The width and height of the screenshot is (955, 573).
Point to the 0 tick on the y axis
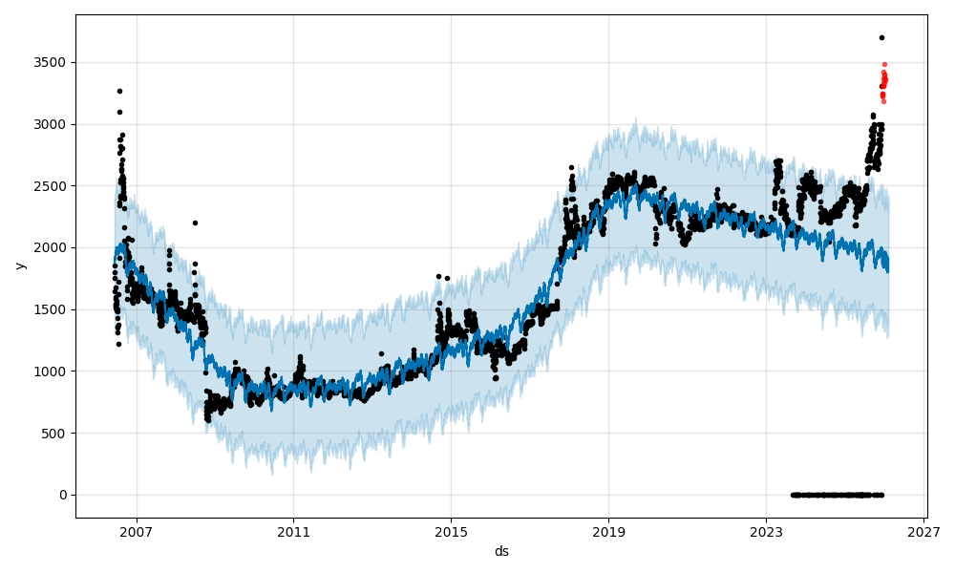[x=63, y=495]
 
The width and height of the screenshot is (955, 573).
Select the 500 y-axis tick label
[x=56, y=434]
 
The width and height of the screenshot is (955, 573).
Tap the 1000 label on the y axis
[x=53, y=371]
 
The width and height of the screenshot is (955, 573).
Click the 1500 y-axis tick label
[x=53, y=309]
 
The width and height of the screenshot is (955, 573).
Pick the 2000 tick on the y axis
[x=53, y=247]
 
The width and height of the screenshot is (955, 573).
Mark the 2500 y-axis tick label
[x=53, y=186]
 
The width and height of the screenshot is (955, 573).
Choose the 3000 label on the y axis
[x=53, y=124]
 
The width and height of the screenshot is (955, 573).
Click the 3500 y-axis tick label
[x=53, y=62]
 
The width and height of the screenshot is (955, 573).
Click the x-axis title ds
[x=501, y=551]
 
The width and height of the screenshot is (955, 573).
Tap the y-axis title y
[x=18, y=265]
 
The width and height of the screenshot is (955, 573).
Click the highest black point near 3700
[x=881, y=38]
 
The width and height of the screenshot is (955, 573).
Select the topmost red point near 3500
[x=884, y=64]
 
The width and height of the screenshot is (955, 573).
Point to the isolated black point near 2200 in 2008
[x=195, y=223]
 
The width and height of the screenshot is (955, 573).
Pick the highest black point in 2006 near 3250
[x=119, y=91]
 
